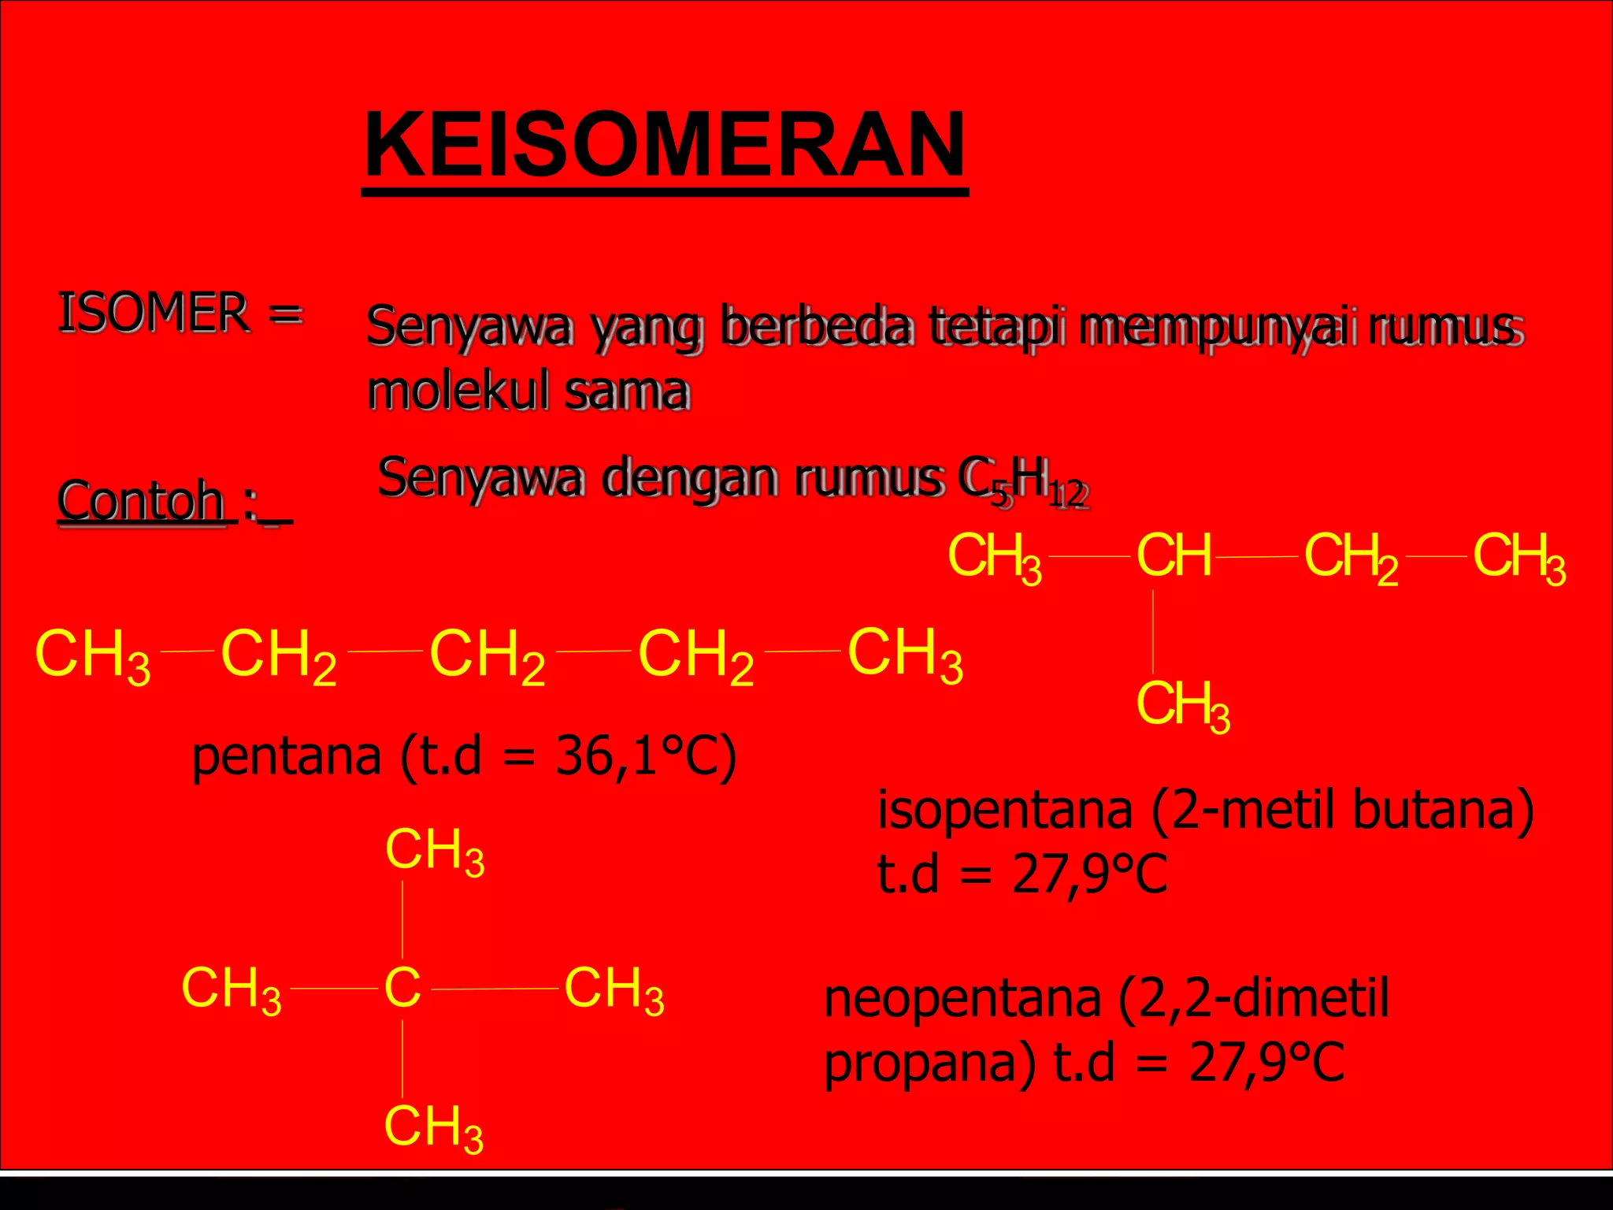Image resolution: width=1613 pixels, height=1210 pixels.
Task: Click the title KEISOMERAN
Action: (665, 147)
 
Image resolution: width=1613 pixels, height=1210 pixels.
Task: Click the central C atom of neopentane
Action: (402, 987)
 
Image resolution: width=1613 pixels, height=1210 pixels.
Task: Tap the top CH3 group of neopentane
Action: (434, 851)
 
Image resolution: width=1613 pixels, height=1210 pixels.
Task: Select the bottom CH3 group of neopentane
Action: (433, 1127)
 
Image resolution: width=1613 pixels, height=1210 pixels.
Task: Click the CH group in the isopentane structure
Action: (1174, 556)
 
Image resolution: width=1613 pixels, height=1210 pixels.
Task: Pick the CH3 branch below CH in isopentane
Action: (1182, 705)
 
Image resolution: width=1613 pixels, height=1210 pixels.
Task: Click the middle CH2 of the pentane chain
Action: (487, 655)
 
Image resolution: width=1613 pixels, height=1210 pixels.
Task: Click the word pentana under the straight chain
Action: (287, 756)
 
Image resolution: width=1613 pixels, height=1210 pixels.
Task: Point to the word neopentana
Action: (962, 998)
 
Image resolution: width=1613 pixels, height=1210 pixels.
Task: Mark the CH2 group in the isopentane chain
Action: (1351, 558)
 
